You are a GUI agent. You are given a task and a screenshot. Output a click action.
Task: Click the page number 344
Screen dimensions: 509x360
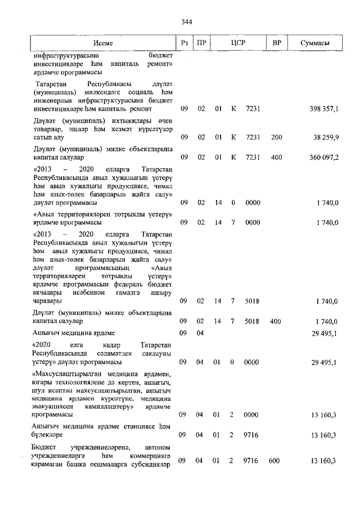187,22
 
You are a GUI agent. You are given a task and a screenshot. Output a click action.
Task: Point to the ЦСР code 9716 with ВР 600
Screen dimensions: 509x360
250,461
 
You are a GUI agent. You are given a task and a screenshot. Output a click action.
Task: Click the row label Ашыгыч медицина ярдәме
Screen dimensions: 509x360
74,334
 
